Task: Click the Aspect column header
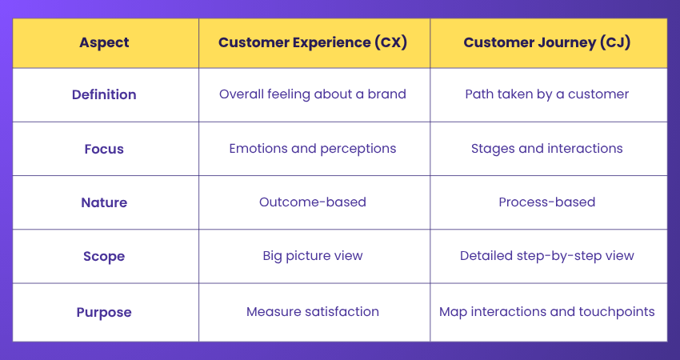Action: click(104, 42)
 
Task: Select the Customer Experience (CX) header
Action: click(313, 42)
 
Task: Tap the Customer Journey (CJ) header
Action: click(547, 42)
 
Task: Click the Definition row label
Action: click(104, 94)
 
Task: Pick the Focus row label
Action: click(104, 148)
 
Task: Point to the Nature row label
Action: click(104, 202)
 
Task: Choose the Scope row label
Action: click(104, 256)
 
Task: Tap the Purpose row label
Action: click(104, 311)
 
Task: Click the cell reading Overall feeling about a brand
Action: click(313, 94)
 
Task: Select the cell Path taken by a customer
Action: click(547, 94)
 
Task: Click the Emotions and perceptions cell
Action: click(313, 148)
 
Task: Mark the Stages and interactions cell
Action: click(547, 148)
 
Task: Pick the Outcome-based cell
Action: click(313, 202)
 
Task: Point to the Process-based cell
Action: click(547, 202)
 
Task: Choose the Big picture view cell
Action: click(313, 256)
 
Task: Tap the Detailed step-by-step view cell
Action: click(547, 256)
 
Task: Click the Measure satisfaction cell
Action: click(313, 311)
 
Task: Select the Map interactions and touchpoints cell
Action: click(547, 311)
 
